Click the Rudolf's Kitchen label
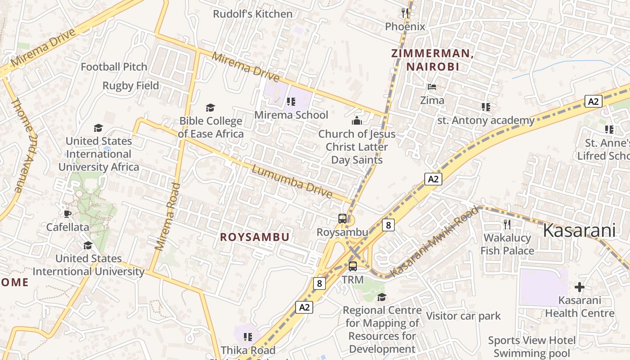[252, 14]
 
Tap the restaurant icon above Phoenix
[405, 13]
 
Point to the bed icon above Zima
[432, 86]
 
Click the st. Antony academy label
[486, 120]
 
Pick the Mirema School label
[291, 115]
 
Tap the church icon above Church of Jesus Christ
[357, 121]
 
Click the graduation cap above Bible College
[210, 108]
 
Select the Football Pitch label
[114, 67]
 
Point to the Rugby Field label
[130, 85]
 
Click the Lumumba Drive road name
[292, 182]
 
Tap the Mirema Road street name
[167, 216]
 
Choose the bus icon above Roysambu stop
[342, 219]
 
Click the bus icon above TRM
[353, 266]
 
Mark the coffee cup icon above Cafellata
[67, 214]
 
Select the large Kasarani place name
[579, 230]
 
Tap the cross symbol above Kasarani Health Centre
[580, 287]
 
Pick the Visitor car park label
[463, 316]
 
